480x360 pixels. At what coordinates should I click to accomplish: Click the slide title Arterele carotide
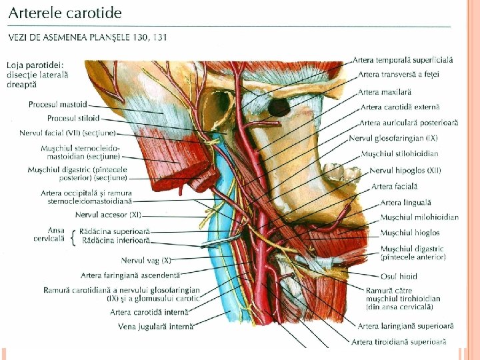[x=65, y=12]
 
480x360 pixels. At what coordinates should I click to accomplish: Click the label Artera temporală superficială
[x=403, y=60]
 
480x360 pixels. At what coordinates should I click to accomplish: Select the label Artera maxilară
[x=385, y=91]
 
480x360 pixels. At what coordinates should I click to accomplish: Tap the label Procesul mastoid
[x=58, y=105]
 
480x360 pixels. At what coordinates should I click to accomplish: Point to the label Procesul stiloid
[x=73, y=118]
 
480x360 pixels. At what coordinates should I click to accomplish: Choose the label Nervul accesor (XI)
[x=108, y=215]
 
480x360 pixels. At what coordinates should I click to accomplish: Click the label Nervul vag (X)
[x=146, y=260]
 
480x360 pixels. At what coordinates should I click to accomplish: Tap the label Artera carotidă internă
[x=149, y=311]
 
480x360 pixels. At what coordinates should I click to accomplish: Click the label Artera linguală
[x=405, y=202]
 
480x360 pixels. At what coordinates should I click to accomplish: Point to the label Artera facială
[x=395, y=187]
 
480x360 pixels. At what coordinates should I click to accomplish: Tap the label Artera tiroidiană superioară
[x=401, y=341]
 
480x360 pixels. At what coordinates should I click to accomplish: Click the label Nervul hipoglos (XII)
[x=405, y=171]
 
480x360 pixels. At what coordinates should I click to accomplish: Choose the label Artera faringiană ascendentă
[x=130, y=275]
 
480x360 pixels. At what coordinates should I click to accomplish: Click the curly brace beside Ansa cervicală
[x=73, y=235]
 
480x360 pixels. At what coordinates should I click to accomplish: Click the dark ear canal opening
[x=279, y=105]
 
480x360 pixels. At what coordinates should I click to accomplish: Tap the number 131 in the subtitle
[x=159, y=37]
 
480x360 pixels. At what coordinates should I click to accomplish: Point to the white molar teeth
[x=346, y=174]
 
